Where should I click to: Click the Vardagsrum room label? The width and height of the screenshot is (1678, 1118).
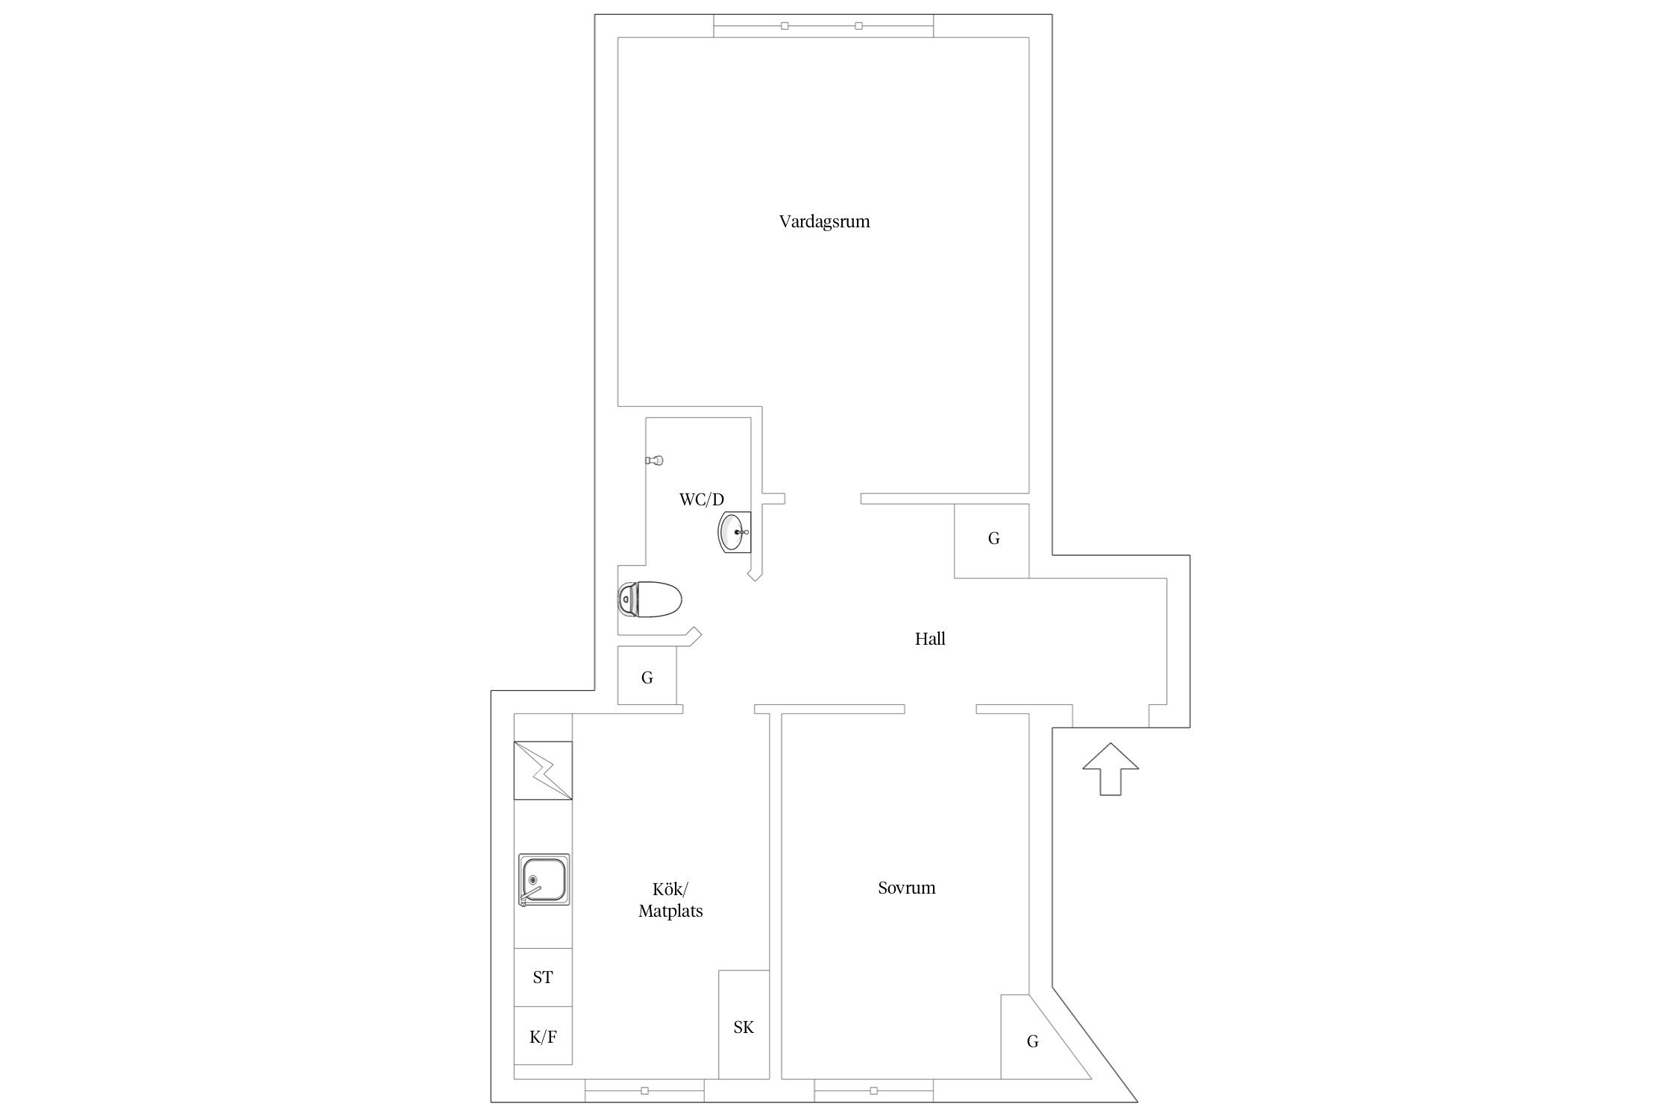point(824,222)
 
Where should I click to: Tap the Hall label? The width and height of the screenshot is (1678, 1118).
point(930,639)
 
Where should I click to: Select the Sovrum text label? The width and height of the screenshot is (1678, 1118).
point(906,888)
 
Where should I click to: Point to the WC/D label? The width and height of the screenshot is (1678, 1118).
point(701,499)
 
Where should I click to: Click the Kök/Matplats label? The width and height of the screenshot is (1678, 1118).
point(670,900)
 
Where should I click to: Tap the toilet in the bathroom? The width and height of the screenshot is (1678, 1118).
point(650,599)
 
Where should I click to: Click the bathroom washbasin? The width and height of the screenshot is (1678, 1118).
point(734,532)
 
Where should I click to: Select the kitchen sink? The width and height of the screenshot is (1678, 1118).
point(544,879)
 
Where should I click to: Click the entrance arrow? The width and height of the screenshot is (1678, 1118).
point(1110,768)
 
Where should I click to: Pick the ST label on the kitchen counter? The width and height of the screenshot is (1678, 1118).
point(543,977)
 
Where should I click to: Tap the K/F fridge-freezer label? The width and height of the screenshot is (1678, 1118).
point(543,1036)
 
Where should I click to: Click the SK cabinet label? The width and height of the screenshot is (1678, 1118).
point(744,1027)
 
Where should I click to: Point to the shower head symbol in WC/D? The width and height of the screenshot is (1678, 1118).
point(654,461)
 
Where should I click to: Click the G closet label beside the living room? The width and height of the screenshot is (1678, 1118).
point(993,538)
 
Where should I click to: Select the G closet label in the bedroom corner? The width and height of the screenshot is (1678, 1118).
point(1032,1041)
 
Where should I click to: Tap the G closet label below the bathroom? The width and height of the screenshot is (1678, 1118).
point(647,678)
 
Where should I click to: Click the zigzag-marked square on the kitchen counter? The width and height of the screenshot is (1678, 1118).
point(543,770)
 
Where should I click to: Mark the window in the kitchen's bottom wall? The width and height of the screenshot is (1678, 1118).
point(644,1090)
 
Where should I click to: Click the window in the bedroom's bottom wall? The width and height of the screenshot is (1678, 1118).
point(873,1090)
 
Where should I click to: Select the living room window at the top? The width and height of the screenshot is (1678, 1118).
point(823,25)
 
